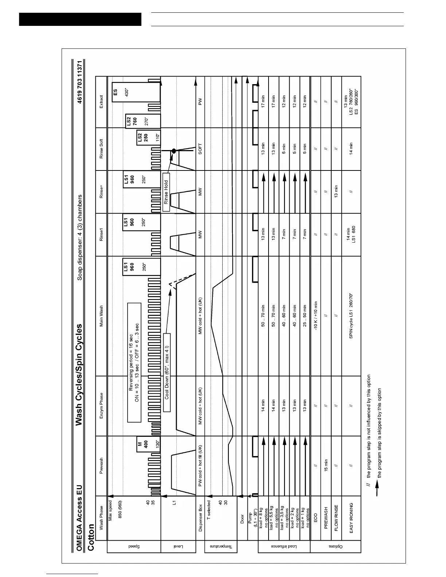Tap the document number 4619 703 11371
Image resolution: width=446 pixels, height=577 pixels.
[80, 85]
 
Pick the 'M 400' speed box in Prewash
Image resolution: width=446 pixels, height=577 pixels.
[142, 444]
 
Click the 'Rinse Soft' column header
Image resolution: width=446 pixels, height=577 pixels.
[101, 149]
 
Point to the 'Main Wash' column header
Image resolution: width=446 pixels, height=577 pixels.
[101, 315]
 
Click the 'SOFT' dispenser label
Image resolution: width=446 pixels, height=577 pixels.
[200, 149]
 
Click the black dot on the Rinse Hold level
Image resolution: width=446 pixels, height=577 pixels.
[174, 150]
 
